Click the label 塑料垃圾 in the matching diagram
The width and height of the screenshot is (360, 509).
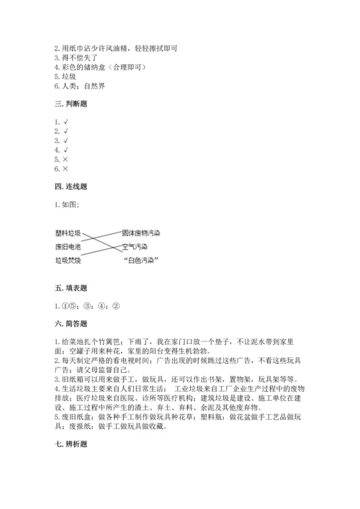(x=68, y=233)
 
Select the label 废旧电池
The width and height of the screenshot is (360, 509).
(x=68, y=246)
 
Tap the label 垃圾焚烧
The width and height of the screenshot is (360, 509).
(x=68, y=260)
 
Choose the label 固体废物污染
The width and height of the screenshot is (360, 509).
(x=140, y=232)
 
